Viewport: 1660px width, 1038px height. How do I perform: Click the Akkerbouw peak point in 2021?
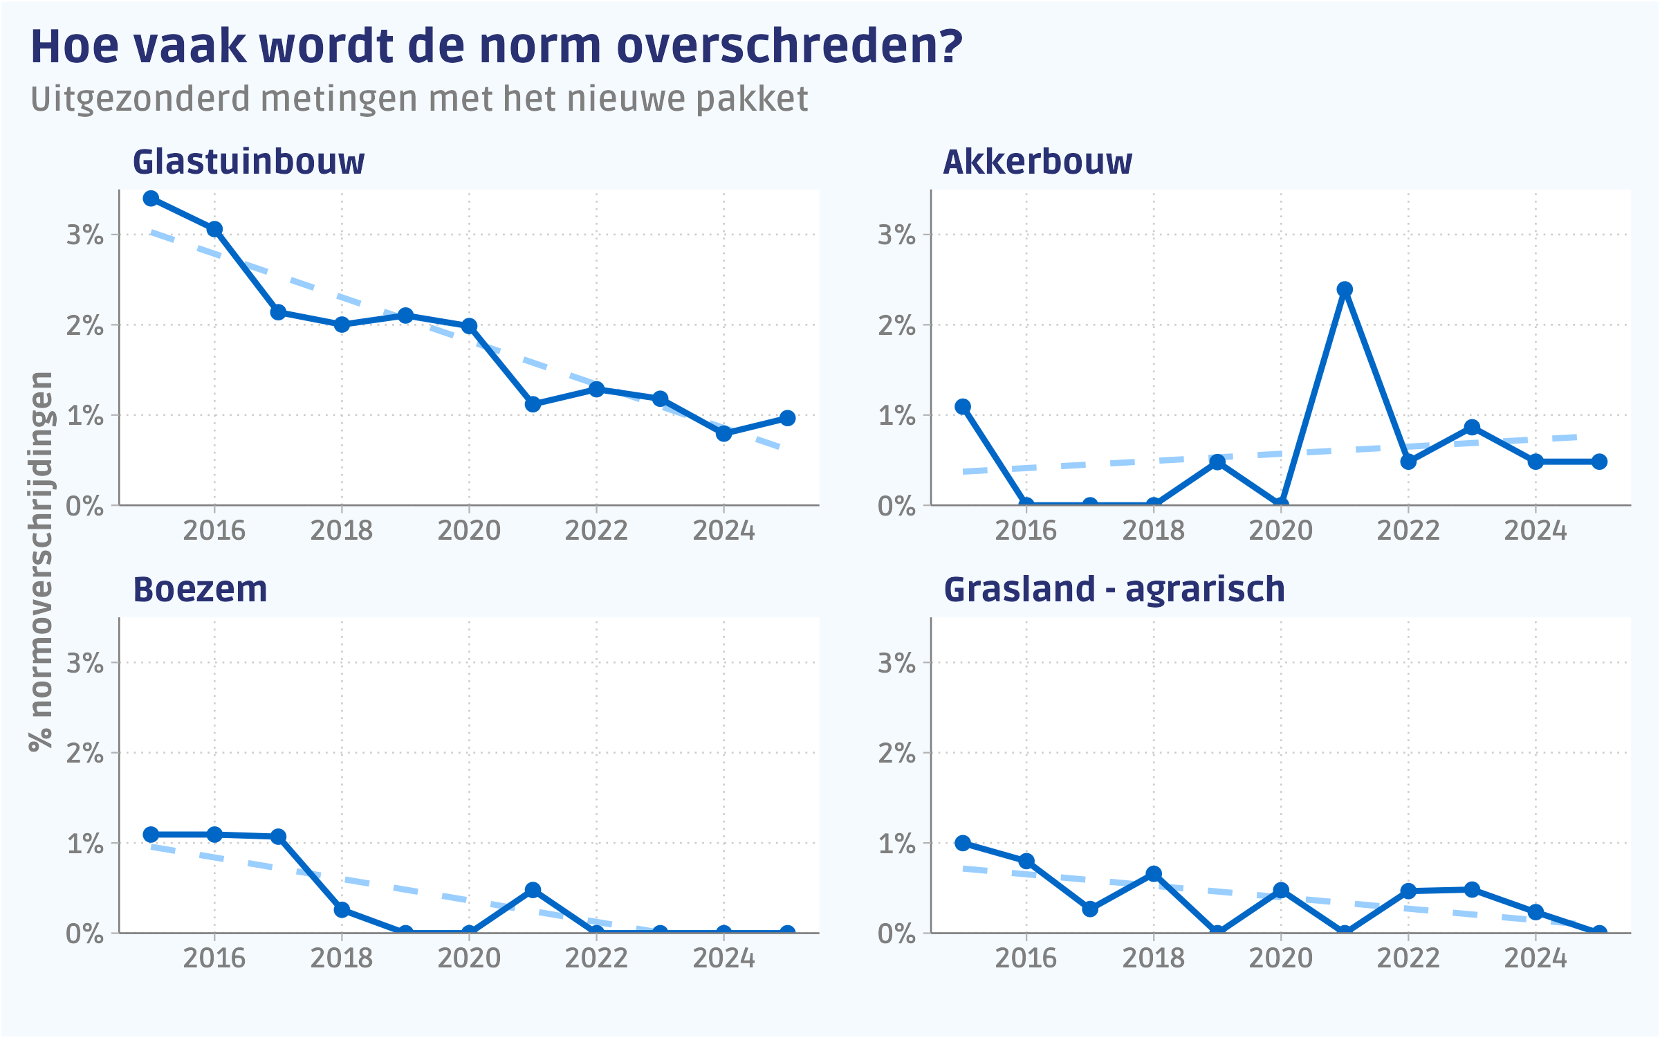click(1345, 289)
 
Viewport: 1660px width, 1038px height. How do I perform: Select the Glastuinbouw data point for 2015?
click(151, 199)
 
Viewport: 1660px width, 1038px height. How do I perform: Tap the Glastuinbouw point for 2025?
click(787, 418)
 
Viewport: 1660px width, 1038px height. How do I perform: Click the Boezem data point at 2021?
click(533, 890)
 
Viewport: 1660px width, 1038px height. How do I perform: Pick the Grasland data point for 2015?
click(963, 843)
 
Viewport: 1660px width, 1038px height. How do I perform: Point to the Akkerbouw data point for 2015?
click(963, 407)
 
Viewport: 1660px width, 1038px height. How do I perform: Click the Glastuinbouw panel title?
click(248, 163)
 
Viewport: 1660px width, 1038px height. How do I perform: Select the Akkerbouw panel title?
click(1037, 163)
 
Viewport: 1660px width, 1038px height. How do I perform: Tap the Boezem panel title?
click(200, 590)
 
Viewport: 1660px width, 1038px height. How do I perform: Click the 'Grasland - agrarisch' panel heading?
click(1114, 590)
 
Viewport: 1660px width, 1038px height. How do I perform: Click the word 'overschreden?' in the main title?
click(789, 47)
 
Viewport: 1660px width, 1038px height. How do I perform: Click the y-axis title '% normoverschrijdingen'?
click(41, 561)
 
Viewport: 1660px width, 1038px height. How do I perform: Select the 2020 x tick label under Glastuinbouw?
click(469, 531)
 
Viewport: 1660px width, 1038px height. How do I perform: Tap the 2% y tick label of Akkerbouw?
click(896, 325)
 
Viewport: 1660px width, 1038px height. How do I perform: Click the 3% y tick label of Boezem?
click(84, 663)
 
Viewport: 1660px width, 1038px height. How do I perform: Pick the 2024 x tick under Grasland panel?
click(1535, 958)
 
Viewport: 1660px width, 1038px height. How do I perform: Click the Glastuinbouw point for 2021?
click(533, 404)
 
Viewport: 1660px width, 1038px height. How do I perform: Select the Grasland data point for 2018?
click(1154, 874)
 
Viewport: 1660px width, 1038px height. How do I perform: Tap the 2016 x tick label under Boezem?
click(214, 958)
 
